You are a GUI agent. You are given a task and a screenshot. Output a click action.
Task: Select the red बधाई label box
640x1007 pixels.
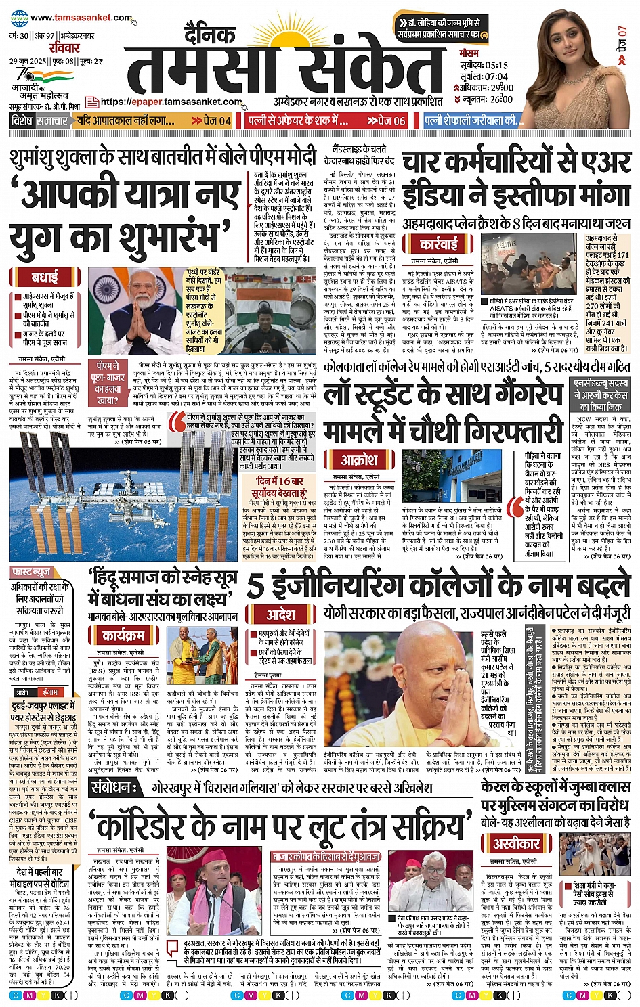[45, 277]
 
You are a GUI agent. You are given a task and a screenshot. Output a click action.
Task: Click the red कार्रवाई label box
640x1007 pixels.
[438, 244]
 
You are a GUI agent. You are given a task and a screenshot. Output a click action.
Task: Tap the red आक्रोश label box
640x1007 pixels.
[360, 460]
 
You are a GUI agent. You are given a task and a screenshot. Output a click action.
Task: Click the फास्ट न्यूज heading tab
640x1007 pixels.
[31, 572]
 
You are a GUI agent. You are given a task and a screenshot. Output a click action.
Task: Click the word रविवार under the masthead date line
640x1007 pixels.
[64, 48]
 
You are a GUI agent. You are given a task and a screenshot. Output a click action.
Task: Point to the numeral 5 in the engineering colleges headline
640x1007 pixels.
[255, 586]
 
